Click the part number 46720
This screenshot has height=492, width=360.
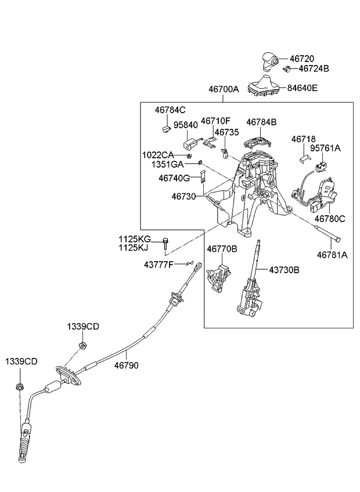tap(301, 59)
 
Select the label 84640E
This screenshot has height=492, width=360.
tap(302, 88)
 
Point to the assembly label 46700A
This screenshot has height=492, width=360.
tap(224, 89)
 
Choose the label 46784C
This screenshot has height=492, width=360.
tap(170, 109)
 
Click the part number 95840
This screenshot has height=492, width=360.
tap(185, 125)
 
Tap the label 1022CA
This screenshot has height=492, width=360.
tap(158, 155)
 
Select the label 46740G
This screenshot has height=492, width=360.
tap(174, 179)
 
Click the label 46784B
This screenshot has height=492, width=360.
tap(261, 122)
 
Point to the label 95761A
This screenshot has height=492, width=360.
tap(325, 149)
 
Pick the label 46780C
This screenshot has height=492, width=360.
tap(330, 219)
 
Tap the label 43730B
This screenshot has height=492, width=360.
tap(284, 270)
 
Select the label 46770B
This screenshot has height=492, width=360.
tap(222, 248)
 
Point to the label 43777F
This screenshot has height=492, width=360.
tap(159, 264)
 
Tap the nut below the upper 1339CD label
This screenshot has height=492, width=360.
tap(82, 346)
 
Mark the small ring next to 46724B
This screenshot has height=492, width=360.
tap(287, 70)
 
